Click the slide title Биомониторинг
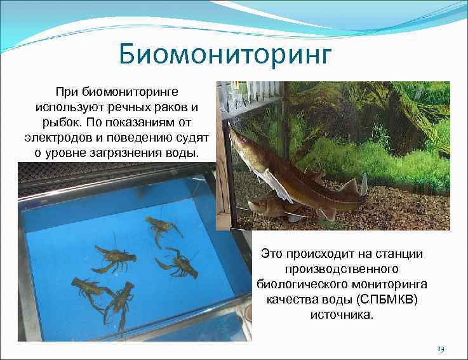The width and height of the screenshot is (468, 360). coord(225,55)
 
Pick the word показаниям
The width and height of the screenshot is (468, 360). coord(139,122)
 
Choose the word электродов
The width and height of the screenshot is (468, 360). coord(53,137)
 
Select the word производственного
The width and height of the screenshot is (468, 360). coord(342,269)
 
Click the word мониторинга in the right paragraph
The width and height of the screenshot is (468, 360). coord(398,284)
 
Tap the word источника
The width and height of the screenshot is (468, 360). coord(341,314)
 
